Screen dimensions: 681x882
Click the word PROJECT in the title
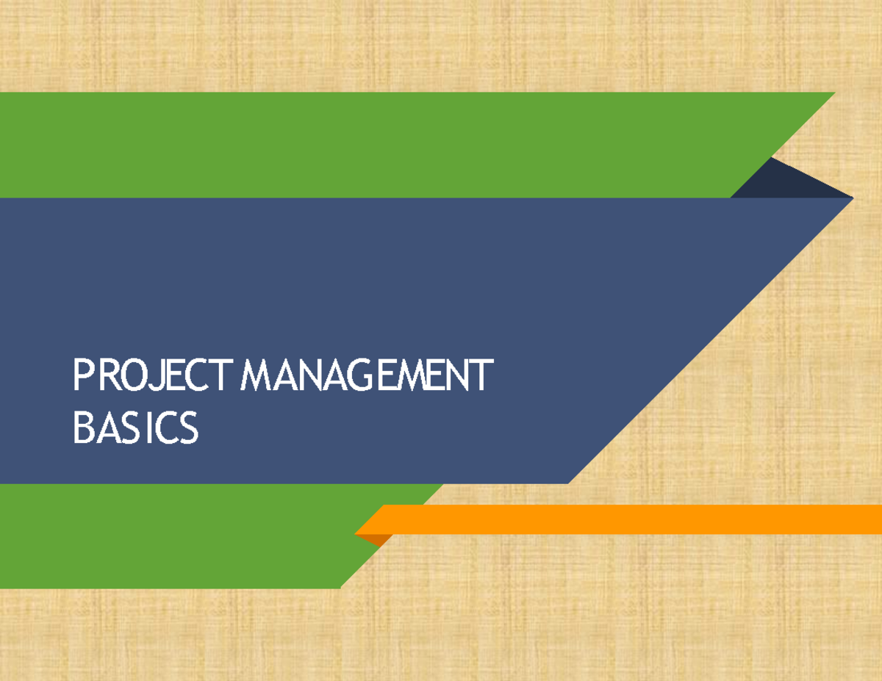(155, 376)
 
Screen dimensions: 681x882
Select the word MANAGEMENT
(365, 376)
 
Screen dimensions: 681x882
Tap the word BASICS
(135, 429)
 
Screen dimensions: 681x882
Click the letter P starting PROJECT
(81, 376)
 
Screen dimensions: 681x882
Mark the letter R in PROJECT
(108, 376)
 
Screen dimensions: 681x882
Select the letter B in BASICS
(82, 429)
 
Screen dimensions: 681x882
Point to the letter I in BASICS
(149, 429)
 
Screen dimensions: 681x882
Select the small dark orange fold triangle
(379, 540)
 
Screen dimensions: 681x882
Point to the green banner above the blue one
(367, 145)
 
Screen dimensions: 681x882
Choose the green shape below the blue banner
(184, 536)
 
